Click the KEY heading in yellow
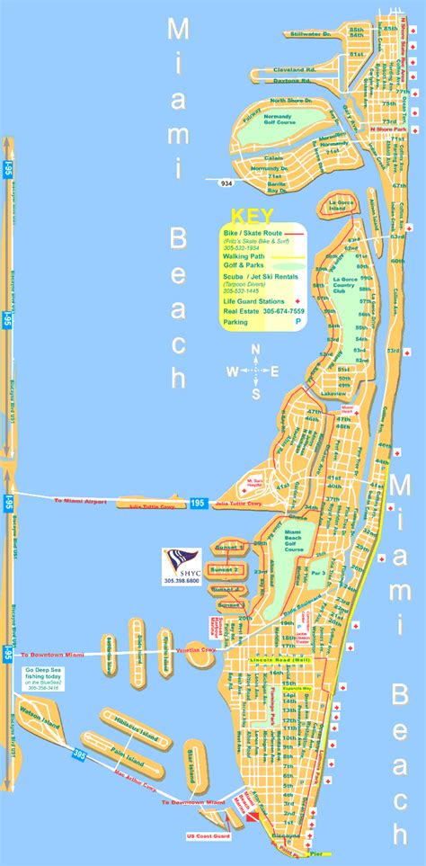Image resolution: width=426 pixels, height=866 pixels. [245, 216]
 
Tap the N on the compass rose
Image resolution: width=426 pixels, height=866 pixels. [256, 350]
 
